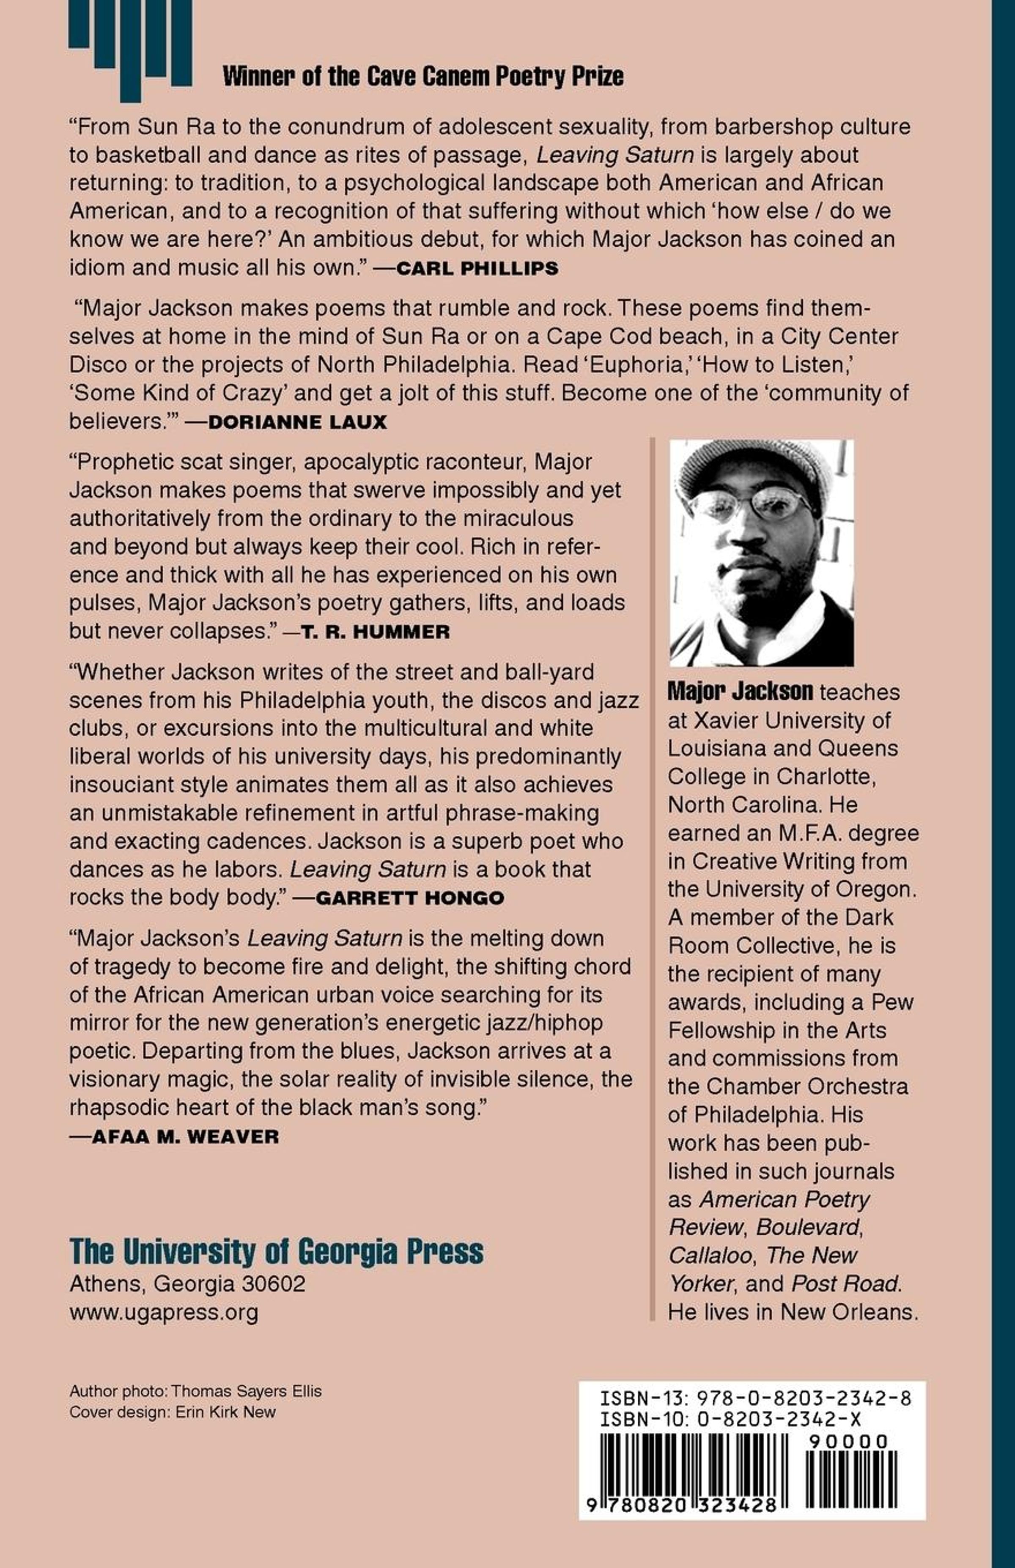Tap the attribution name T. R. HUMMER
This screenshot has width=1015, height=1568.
(376, 632)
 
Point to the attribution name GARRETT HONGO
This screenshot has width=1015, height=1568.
(410, 898)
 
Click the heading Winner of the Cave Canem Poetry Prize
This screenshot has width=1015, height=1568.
(422, 77)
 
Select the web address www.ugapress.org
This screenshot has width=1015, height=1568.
(163, 1312)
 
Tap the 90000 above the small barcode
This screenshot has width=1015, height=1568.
(848, 1442)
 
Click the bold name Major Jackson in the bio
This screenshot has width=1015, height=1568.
(740, 691)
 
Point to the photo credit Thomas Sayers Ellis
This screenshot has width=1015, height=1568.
(247, 1391)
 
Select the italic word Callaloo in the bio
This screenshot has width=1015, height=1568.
(710, 1255)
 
